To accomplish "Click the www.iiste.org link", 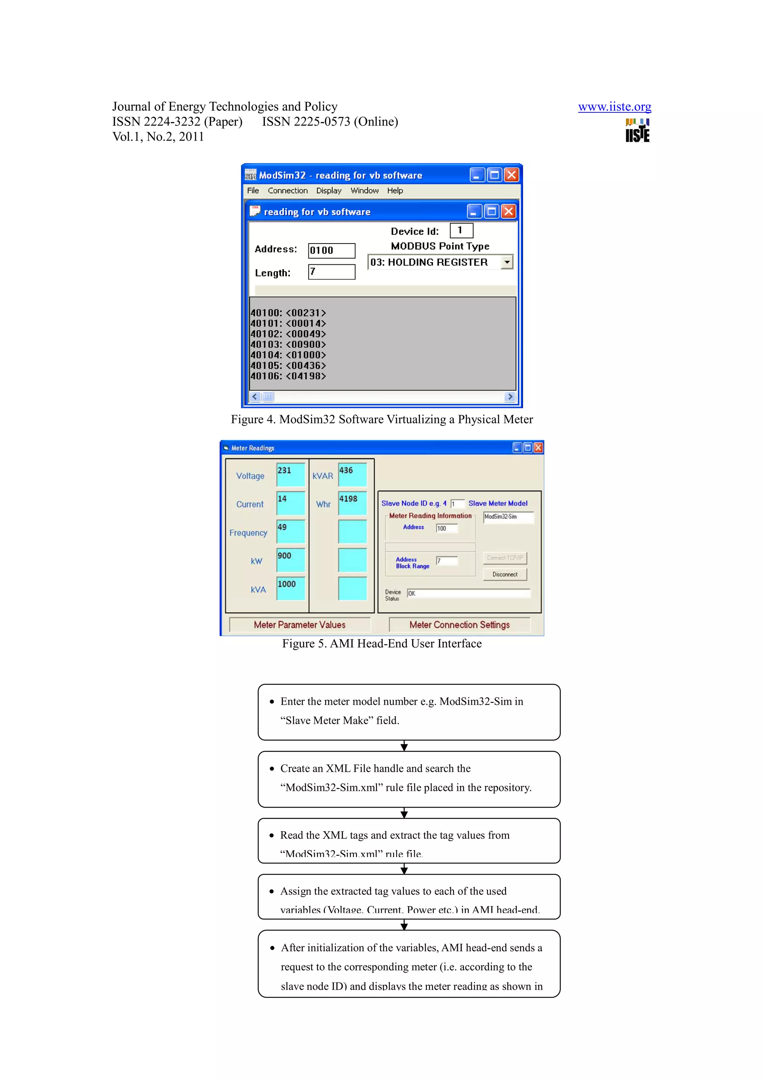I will (614, 107).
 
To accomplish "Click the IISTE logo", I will (637, 131).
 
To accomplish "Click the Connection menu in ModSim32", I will (288, 190).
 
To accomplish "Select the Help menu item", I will (395, 190).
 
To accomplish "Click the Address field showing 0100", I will (332, 251).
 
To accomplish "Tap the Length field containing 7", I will (332, 272).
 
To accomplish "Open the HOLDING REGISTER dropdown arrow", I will (506, 262).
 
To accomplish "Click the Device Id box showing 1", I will (461, 230).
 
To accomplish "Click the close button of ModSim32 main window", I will (512, 175).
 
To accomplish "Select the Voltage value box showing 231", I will (291, 475).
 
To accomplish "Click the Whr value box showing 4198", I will (352, 503).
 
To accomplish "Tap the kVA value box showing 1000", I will (291, 588).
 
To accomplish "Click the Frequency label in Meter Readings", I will (248, 533).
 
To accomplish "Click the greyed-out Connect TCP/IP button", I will (505, 558).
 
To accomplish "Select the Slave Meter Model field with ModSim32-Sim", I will (508, 517).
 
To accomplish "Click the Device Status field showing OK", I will (468, 593).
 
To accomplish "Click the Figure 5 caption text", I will (382, 643).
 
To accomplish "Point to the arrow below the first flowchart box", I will (404, 746).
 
